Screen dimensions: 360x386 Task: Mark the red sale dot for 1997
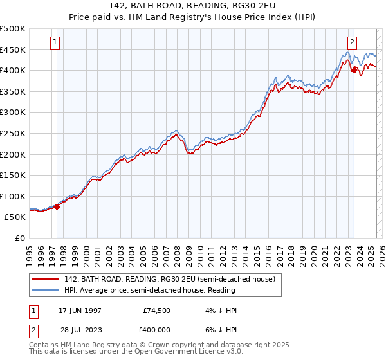point(57,206)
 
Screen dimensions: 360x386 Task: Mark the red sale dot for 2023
point(354,70)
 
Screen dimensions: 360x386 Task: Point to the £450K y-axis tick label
point(13,50)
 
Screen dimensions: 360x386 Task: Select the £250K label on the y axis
point(13,133)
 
